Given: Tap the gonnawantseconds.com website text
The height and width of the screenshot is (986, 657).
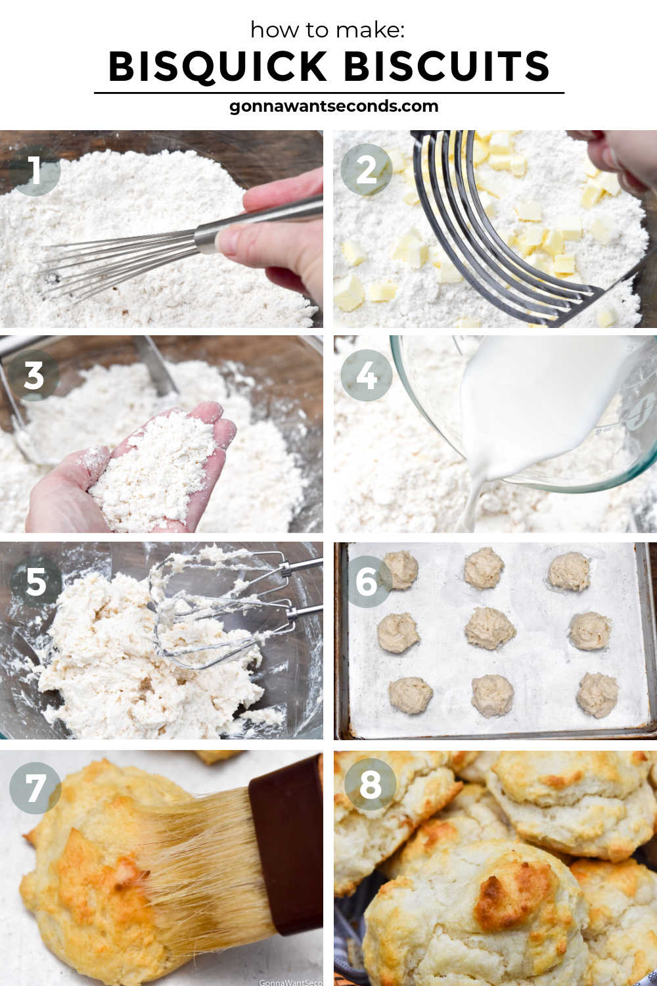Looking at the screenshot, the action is (x=334, y=106).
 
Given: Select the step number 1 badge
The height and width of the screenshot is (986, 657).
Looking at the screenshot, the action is (x=35, y=170).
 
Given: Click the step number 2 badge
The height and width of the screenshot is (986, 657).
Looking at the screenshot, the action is (x=366, y=170).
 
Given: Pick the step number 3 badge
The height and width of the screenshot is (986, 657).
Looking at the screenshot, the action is (x=34, y=375).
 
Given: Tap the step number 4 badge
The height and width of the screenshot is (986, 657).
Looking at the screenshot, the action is (x=366, y=375).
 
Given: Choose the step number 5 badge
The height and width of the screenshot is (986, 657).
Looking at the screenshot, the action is (x=35, y=582).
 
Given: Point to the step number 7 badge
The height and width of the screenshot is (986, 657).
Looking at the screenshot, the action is (x=35, y=788).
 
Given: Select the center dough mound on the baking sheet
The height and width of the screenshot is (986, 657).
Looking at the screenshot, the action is (x=489, y=628).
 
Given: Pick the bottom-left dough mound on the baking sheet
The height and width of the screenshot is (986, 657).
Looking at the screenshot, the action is (x=410, y=695).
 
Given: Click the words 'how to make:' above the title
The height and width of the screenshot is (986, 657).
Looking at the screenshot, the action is (x=328, y=30).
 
